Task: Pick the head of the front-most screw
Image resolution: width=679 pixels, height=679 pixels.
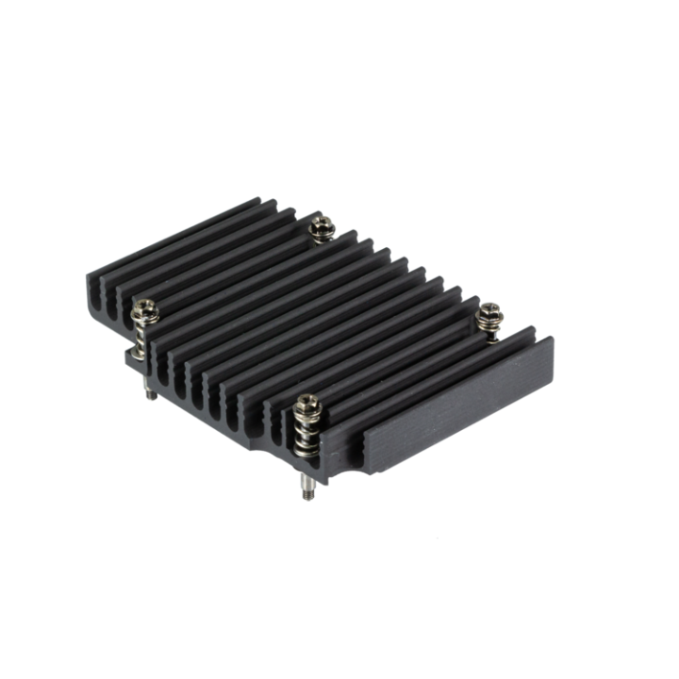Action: [307, 405]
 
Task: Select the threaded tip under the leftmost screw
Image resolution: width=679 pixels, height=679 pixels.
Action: [150, 393]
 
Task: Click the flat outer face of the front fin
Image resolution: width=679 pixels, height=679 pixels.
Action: [453, 406]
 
